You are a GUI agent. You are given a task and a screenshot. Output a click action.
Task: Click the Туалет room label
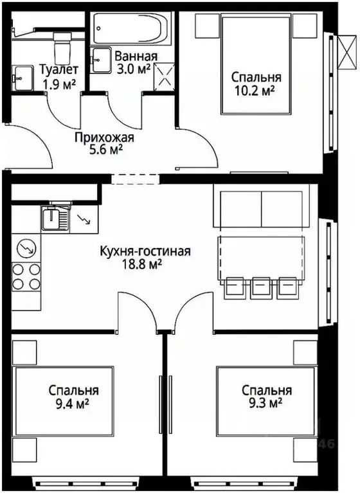coord(59,69)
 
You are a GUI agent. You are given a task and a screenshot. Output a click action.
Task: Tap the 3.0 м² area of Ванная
coord(133,69)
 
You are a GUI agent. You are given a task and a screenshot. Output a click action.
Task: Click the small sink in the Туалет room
coord(21,76)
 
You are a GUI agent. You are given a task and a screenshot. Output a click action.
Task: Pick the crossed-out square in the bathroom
coord(165,76)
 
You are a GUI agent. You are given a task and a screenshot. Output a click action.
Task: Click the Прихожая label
coord(104,138)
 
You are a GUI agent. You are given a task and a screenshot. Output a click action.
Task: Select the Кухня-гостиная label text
coord(145,251)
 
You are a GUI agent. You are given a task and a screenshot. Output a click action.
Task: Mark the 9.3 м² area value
coord(266,403)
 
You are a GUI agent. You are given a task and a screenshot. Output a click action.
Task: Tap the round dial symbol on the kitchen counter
coord(26,246)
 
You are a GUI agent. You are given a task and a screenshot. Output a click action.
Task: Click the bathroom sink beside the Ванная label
coord(102,60)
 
